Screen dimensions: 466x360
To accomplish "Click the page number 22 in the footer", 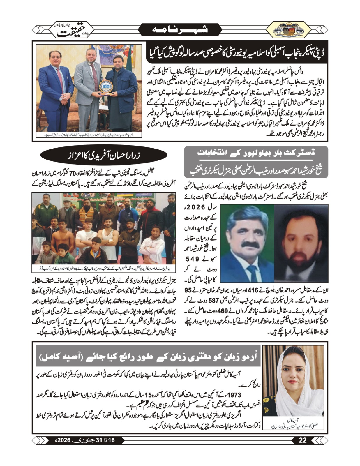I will [303, 440].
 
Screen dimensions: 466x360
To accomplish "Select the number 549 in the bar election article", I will [193, 259].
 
